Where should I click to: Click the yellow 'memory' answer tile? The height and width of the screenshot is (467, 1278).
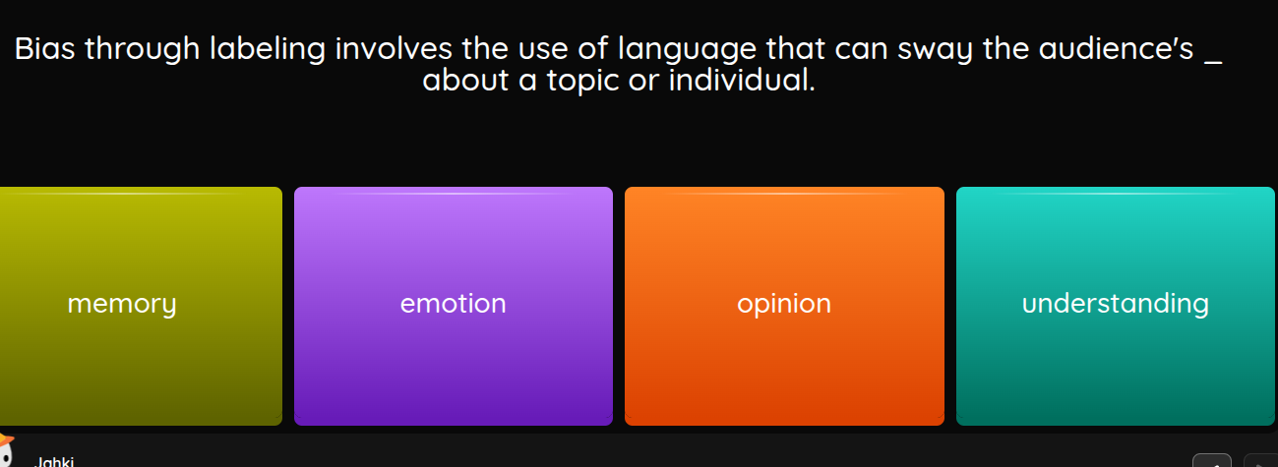(141, 306)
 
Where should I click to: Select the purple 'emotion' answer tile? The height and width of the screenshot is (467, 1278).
(453, 306)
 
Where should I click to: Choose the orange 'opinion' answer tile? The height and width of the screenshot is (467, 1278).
(784, 306)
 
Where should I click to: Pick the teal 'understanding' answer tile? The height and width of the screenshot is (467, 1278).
(1115, 306)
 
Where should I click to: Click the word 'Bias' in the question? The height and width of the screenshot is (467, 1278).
(45, 49)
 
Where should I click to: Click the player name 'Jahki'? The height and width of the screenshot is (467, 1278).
(55, 461)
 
